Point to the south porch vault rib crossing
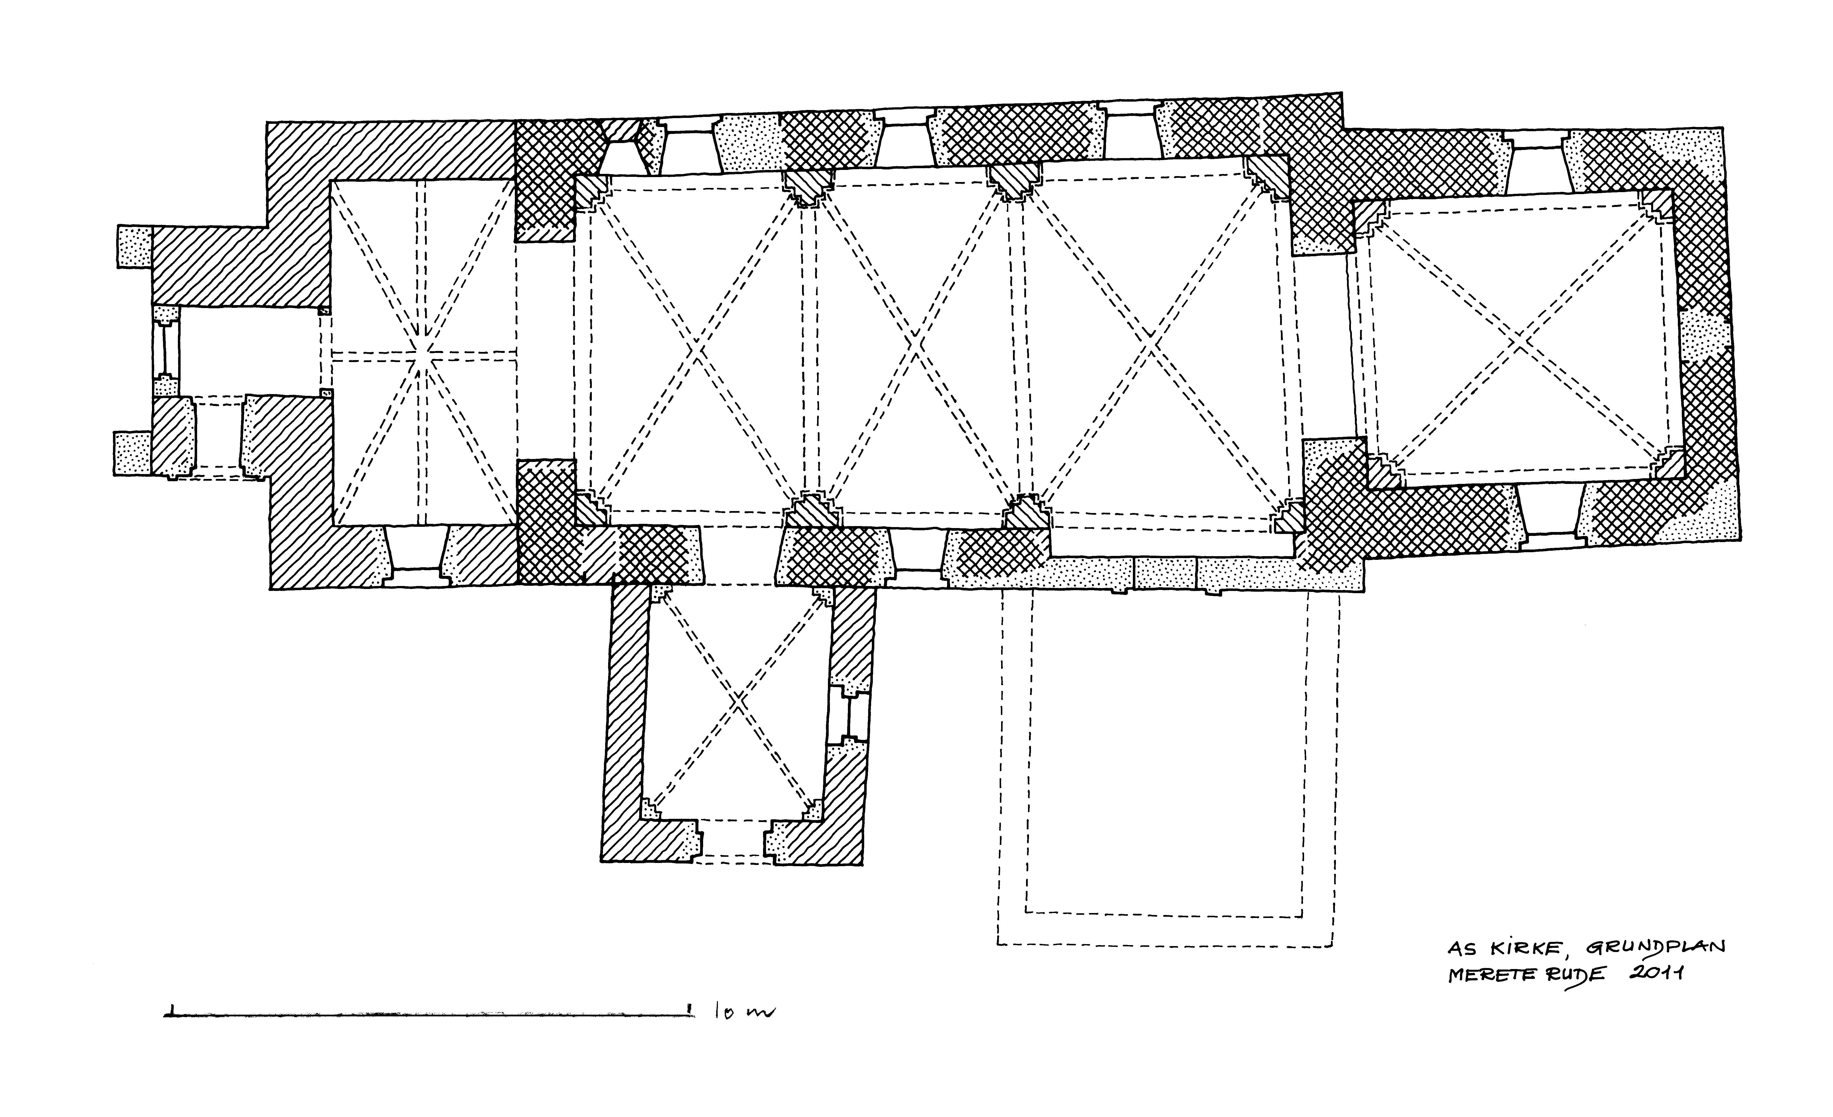(736, 700)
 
